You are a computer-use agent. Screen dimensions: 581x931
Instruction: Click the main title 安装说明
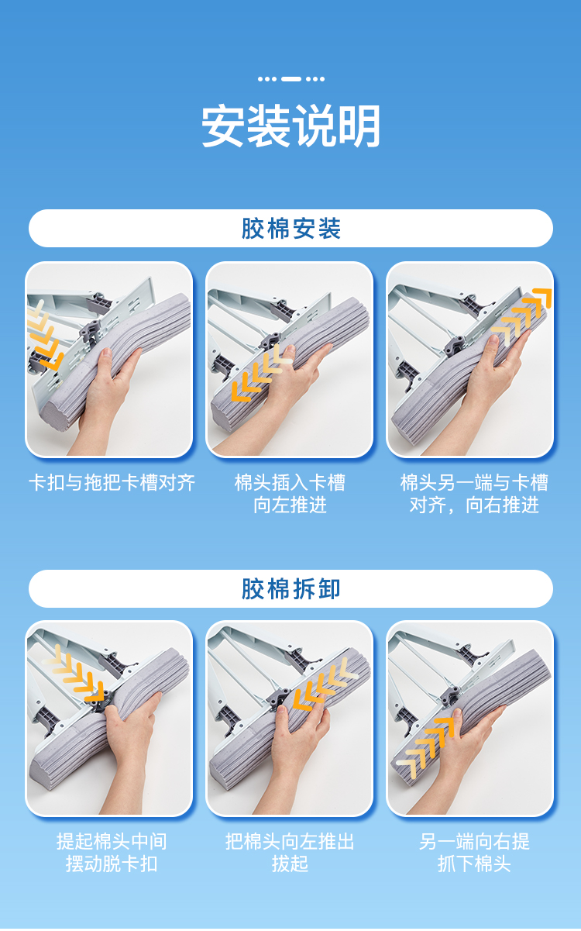(290, 126)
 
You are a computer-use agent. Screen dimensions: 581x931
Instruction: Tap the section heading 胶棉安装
(290, 228)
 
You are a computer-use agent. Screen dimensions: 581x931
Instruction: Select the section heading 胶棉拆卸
(290, 588)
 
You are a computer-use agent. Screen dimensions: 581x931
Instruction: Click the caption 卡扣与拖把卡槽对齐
(112, 483)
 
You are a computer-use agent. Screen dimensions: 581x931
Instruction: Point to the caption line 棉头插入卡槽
(290, 483)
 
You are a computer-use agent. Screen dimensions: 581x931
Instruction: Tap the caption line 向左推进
(290, 505)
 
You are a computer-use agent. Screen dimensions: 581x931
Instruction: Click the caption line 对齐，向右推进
(474, 505)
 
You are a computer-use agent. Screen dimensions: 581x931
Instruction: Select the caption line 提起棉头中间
(112, 842)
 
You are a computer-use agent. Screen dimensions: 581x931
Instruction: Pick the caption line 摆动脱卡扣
(112, 864)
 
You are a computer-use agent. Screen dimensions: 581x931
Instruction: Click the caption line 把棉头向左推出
(290, 842)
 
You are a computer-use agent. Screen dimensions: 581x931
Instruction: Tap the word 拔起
(290, 864)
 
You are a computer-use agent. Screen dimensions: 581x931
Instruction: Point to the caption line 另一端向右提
(474, 842)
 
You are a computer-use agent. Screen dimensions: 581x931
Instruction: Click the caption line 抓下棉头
(474, 864)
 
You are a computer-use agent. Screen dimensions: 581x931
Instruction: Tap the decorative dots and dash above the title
(290, 79)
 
